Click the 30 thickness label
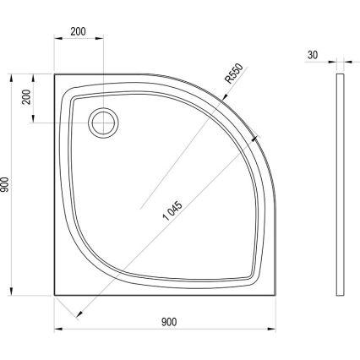tap(313, 53)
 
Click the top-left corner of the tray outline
tap(56, 74)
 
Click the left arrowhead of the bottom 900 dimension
tap(59, 329)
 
